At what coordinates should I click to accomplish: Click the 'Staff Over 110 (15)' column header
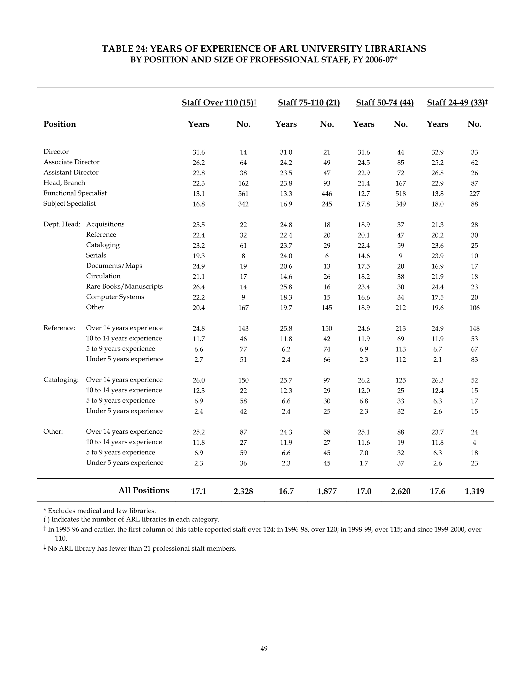pyautogui.click(x=219, y=103)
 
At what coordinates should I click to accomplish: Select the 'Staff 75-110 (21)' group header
pyautogui.click(x=309, y=103)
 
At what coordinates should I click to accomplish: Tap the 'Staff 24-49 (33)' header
pyautogui.click(x=456, y=103)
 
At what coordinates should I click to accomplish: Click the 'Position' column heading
pyautogui.click(x=59, y=124)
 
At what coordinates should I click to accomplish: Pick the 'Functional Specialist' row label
pyautogui.click(x=75, y=193)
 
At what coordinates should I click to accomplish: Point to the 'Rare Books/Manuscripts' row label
pyautogui.click(x=124, y=286)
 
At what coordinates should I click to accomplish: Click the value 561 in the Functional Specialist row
pyautogui.click(x=243, y=194)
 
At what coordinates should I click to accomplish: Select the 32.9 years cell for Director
pyautogui.click(x=437, y=153)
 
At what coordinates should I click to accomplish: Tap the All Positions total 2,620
pyautogui.click(x=400, y=491)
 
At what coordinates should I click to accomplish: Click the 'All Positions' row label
pyautogui.click(x=144, y=491)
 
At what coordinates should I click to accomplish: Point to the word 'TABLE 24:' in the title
pyautogui.click(x=125, y=49)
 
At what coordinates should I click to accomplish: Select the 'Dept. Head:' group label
pyautogui.click(x=62, y=224)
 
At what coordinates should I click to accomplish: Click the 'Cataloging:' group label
pyautogui.click(x=61, y=380)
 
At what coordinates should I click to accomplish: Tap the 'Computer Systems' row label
pyautogui.click(x=115, y=297)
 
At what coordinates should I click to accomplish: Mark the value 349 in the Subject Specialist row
pyautogui.click(x=400, y=204)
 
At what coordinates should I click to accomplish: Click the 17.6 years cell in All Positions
pyautogui.click(x=437, y=491)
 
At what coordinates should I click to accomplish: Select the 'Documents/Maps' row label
pyautogui.click(x=114, y=266)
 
